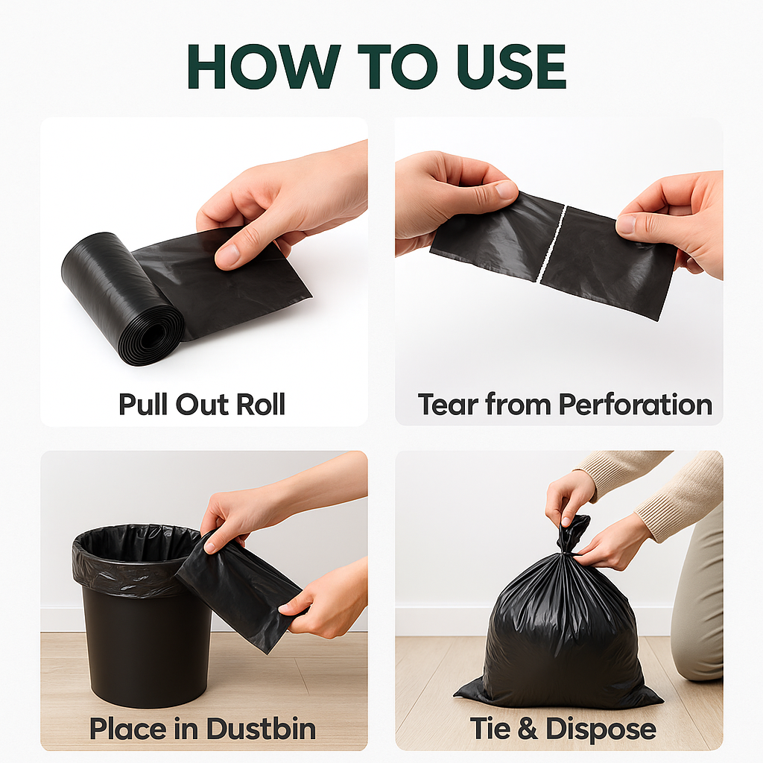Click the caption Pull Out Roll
point(202,404)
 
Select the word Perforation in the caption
point(635,404)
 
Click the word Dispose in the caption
point(601,728)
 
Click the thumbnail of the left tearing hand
point(507,190)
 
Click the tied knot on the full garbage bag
point(572,534)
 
